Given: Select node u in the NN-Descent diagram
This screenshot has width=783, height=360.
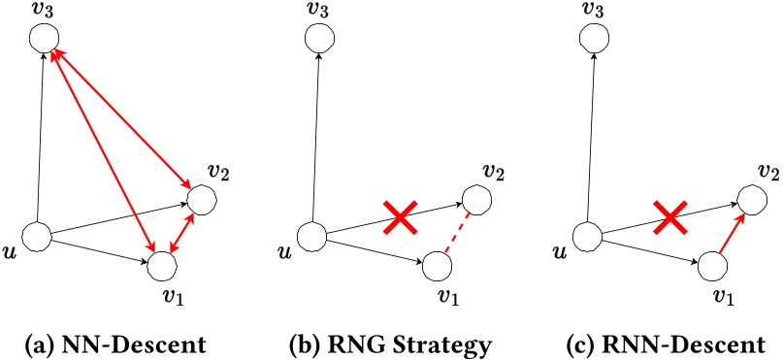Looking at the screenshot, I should coord(36,235).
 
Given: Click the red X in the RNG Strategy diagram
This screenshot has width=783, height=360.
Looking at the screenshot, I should coord(399,219).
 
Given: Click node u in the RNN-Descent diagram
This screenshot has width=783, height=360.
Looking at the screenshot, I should coord(587,235).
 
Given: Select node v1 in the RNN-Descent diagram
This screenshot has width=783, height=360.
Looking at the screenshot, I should coord(712,264).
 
